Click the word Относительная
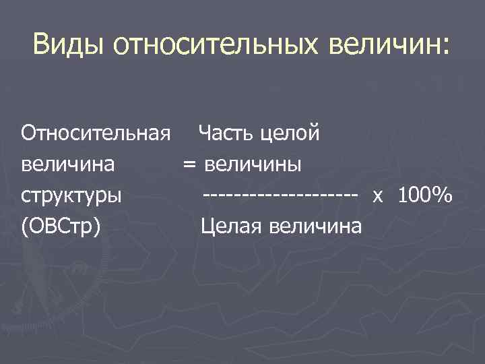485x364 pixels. [94, 133]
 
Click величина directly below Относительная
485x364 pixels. [67, 164]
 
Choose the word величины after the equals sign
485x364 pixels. [254, 164]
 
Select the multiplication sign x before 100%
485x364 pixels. [378, 196]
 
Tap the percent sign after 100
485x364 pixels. [443, 195]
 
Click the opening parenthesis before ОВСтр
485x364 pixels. [25, 227]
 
